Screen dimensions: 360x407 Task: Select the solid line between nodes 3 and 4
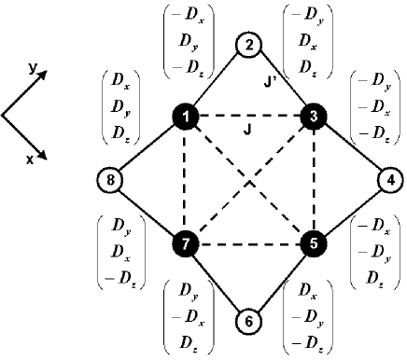pyautogui.click(x=350, y=149)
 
